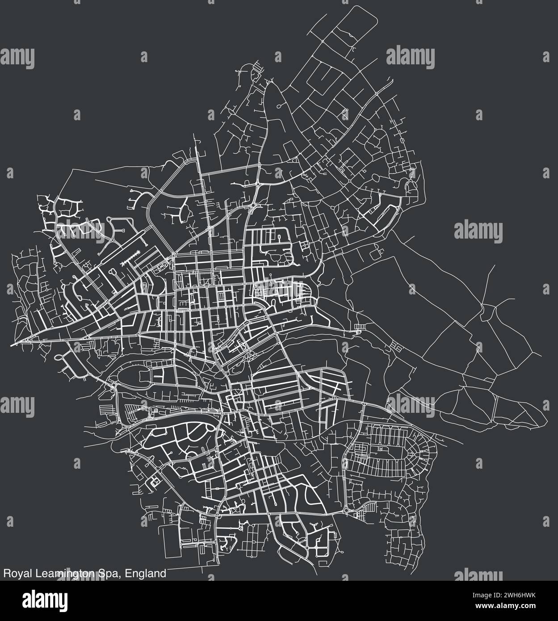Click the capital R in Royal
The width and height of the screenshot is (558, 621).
pyautogui.click(x=6, y=573)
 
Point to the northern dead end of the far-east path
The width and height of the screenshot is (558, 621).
pyautogui.click(x=494, y=265)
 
